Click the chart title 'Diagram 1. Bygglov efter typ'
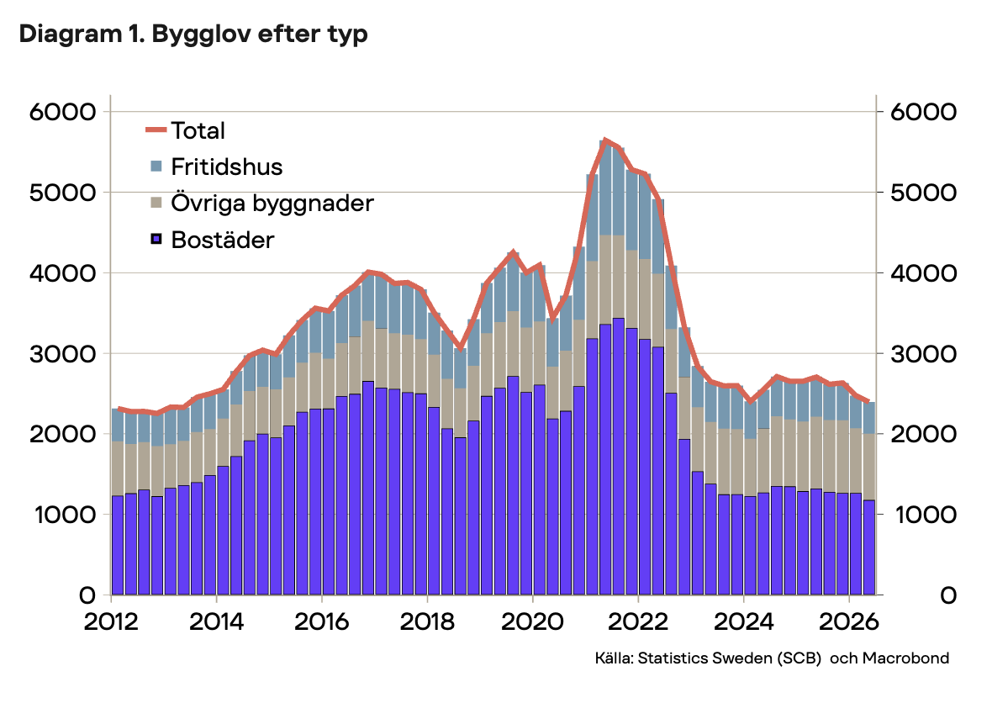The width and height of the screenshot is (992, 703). click(x=193, y=34)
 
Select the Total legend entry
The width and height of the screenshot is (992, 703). click(x=185, y=130)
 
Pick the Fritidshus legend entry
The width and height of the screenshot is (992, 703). click(x=216, y=167)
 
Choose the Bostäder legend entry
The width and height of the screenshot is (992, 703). click(x=212, y=240)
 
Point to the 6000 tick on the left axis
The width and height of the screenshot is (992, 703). click(x=63, y=112)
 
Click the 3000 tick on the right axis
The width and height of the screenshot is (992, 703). click(x=923, y=354)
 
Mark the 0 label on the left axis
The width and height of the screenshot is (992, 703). click(x=87, y=595)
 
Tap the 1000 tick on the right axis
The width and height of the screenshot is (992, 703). click(x=923, y=515)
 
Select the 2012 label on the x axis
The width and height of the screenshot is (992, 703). click(x=111, y=622)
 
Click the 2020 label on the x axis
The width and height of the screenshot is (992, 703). click(x=533, y=622)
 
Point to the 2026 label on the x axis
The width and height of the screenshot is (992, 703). click(x=849, y=622)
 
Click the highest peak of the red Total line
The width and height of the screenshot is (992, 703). click(x=605, y=140)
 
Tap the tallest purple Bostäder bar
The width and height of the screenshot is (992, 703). click(x=618, y=457)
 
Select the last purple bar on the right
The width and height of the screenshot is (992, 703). click(x=869, y=547)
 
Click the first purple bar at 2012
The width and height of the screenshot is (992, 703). click(x=118, y=546)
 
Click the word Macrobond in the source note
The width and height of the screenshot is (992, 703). click(x=905, y=658)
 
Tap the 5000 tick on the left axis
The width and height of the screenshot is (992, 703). click(x=63, y=193)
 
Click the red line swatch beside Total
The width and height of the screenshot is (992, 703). click(x=156, y=130)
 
